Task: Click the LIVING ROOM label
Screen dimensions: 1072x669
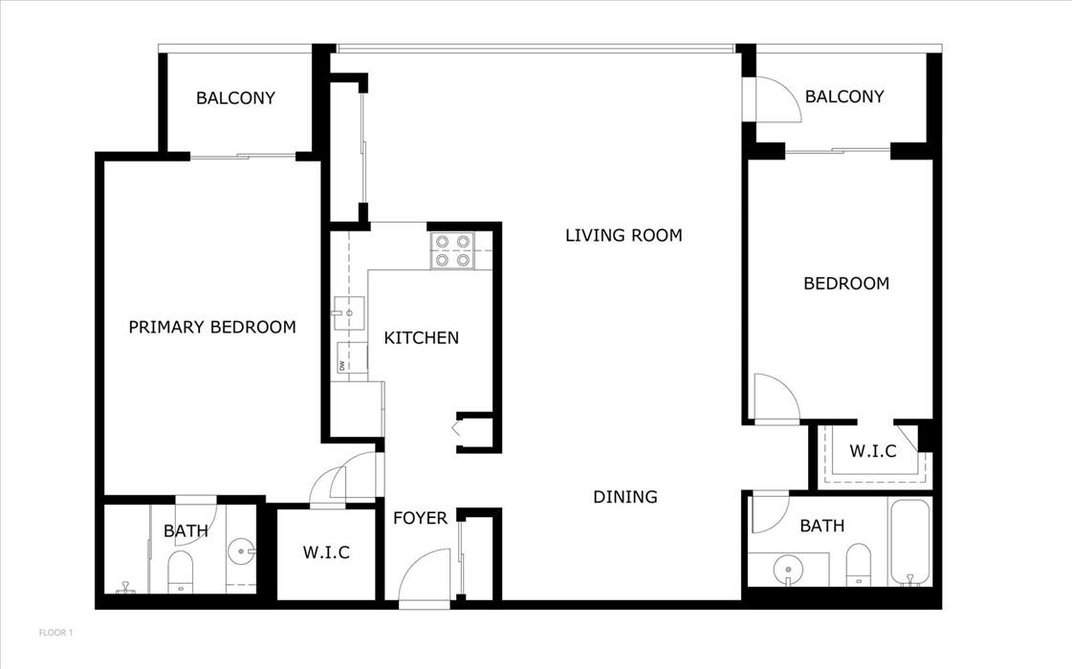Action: pos(624,235)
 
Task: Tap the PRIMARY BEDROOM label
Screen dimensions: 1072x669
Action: pos(212,327)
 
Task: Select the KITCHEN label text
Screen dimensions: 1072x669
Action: pos(421,337)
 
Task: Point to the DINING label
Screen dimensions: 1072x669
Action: pos(624,497)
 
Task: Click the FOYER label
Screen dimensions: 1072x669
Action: pos(420,518)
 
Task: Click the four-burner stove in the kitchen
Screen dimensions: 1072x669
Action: pos(452,250)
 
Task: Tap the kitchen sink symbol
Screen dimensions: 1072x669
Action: pos(349,313)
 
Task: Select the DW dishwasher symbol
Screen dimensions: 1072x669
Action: pos(351,358)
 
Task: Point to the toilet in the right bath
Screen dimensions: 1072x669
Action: pos(858,565)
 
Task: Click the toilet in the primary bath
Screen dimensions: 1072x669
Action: pos(181,572)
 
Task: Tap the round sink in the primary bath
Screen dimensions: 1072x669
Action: pos(241,550)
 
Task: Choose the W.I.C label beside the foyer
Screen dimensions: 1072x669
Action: pos(326,552)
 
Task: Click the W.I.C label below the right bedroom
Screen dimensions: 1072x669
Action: pos(872,451)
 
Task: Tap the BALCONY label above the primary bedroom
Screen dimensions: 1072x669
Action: pos(235,97)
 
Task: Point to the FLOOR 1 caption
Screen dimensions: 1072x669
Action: pos(55,633)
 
